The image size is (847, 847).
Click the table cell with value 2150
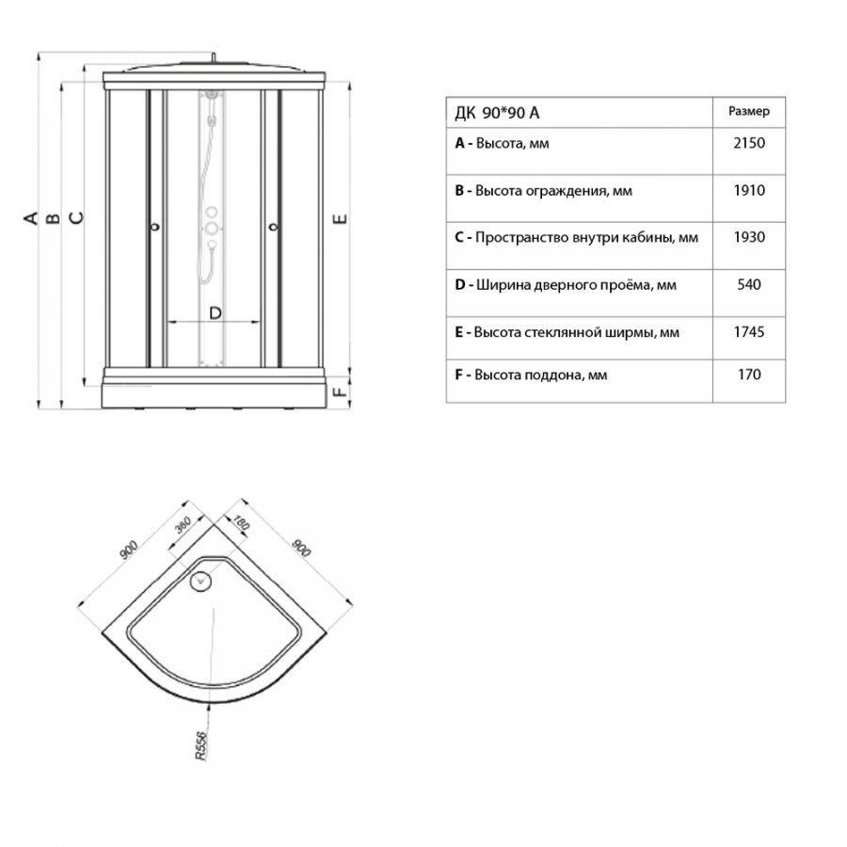click(749, 143)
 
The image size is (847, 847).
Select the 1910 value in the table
click(749, 191)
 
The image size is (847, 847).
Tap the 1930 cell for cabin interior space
click(749, 237)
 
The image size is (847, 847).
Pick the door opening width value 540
click(749, 284)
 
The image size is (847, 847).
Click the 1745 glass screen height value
click(749, 331)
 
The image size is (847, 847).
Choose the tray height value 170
click(749, 375)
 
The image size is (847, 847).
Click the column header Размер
click(749, 111)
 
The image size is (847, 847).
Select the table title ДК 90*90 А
click(497, 113)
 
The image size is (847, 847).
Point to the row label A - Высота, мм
click(502, 144)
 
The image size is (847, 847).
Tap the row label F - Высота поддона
click(531, 375)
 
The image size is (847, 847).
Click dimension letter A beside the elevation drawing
click(31, 217)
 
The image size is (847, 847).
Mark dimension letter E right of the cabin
click(340, 218)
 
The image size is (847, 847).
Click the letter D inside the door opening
click(215, 312)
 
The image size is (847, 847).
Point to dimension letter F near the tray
click(340, 390)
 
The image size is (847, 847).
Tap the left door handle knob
click(155, 227)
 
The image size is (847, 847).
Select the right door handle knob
click(273, 227)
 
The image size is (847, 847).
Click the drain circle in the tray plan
click(200, 582)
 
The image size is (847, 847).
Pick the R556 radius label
click(201, 746)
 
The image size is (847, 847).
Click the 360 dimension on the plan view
click(184, 524)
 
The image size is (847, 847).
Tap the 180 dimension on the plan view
click(241, 523)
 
